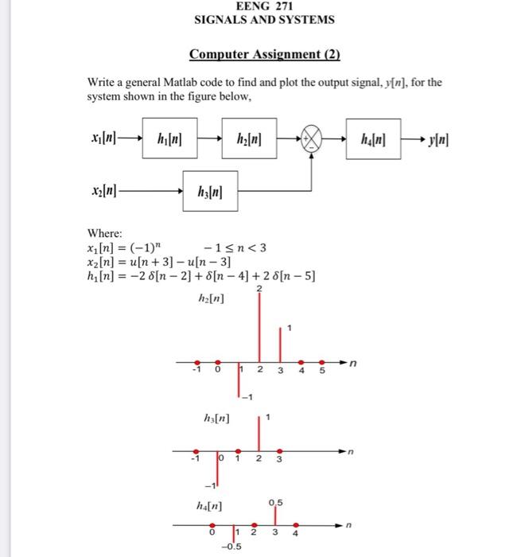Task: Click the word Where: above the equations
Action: [104, 234]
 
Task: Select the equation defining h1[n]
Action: [201, 277]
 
